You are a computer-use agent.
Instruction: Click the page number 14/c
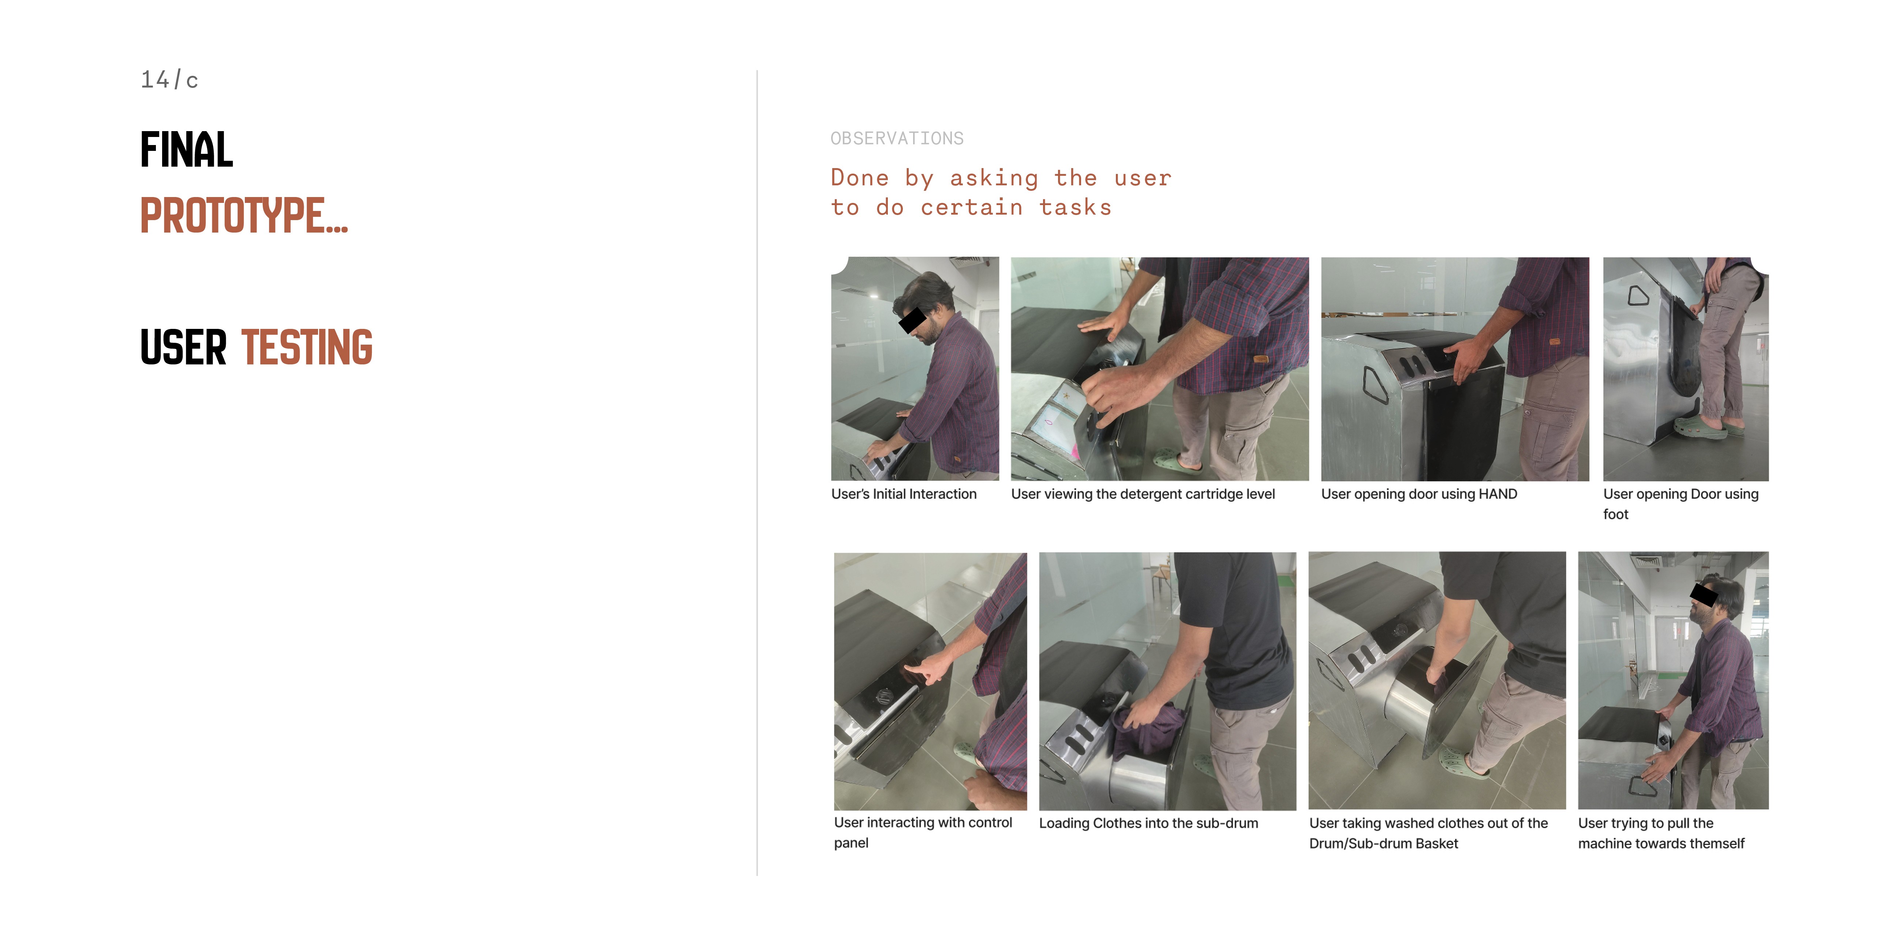click(169, 79)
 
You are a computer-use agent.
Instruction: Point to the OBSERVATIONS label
click(897, 138)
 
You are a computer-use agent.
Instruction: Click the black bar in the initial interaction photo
click(912, 320)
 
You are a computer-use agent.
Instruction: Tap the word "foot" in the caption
click(1616, 514)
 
